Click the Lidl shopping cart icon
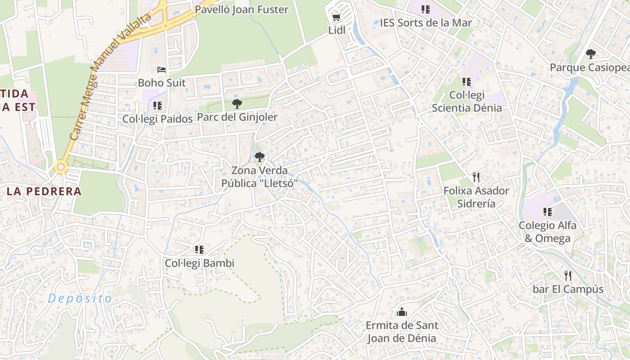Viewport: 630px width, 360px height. (336, 18)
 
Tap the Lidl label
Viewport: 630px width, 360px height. (337, 30)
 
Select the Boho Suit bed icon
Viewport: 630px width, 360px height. (162, 70)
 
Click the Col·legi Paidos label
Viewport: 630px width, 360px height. (157, 119)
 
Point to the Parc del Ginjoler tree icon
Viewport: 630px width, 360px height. (237, 104)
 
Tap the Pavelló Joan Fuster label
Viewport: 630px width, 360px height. (241, 9)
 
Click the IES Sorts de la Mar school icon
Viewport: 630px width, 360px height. (426, 9)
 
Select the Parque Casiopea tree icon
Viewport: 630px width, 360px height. (591, 54)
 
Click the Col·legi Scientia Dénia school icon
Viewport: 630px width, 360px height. (467, 82)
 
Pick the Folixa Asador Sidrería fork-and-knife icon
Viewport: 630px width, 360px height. (477, 177)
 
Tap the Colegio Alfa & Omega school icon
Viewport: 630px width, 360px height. (548, 211)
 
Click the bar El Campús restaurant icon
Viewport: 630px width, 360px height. (568, 275)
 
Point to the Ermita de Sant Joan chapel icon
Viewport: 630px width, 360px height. (402, 311)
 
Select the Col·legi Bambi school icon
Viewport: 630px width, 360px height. (199, 250)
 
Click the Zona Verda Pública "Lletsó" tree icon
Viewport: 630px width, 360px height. (259, 157)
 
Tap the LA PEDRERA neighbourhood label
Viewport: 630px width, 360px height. (44, 191)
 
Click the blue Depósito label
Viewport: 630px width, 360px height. (80, 298)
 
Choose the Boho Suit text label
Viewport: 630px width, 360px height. (162, 83)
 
